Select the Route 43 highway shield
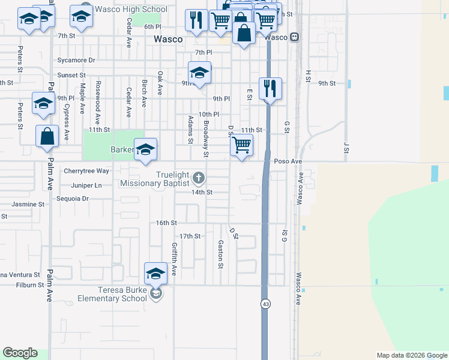point(265,304)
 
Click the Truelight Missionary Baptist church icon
point(199,178)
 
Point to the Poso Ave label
point(288,161)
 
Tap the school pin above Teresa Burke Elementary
point(155,274)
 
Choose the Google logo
point(20,353)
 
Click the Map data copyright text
point(411,355)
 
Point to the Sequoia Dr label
point(72,198)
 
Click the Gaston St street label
point(221,254)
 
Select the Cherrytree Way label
point(86,171)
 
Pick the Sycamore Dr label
point(76,61)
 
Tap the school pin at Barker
point(145,149)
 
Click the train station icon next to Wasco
point(294,37)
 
